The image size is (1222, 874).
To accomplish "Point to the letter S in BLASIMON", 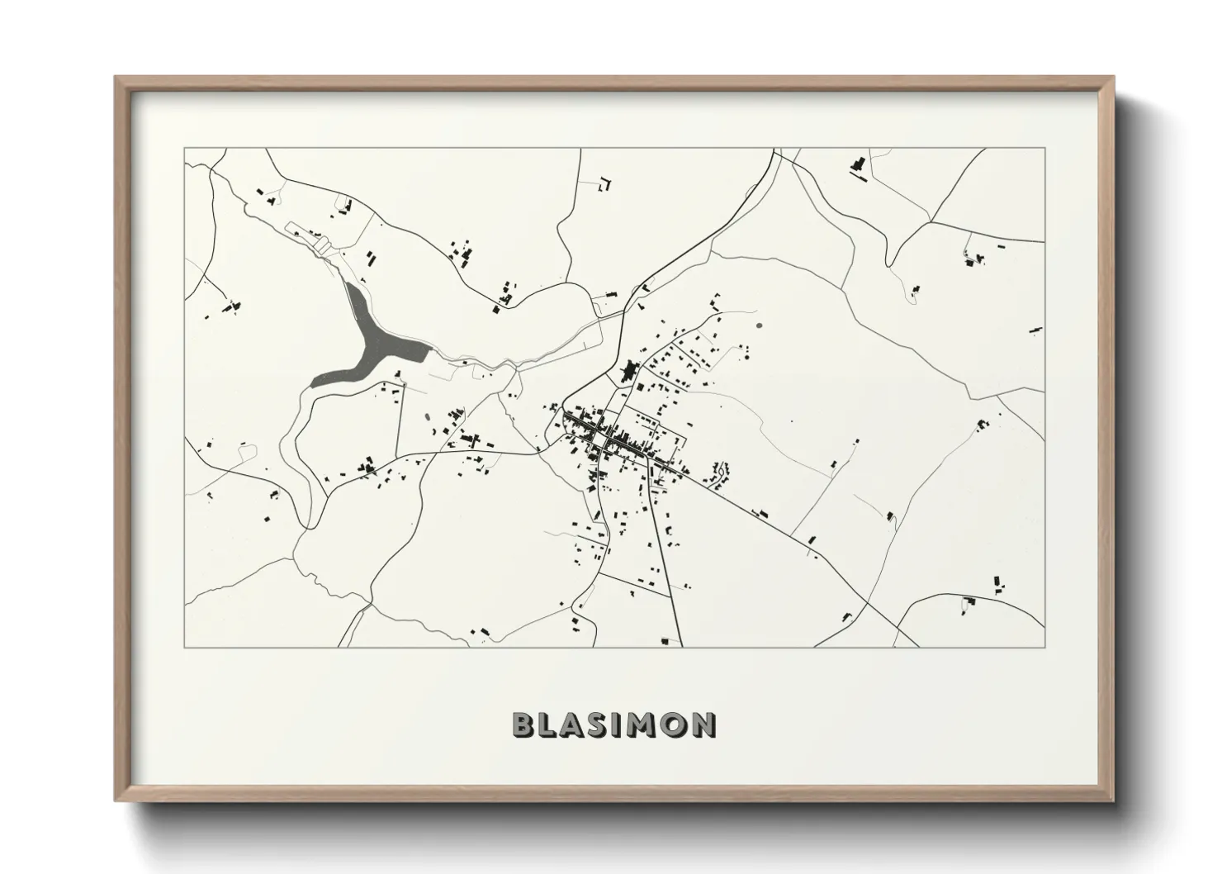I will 602,724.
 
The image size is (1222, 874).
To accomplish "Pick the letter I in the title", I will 622,724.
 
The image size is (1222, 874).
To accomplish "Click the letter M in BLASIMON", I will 645,724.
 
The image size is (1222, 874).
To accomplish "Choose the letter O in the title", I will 675,724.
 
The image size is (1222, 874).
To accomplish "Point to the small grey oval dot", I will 759,325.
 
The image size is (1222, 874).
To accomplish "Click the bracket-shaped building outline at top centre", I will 605,183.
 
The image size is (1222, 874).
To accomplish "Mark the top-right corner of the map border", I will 1044,149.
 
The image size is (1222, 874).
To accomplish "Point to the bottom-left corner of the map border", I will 185,647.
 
